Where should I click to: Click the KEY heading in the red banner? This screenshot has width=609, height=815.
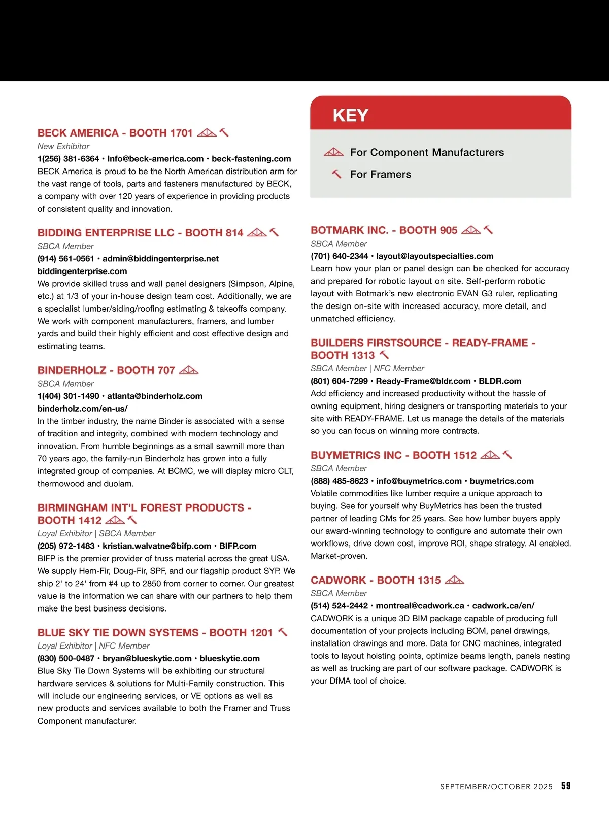pos(350,115)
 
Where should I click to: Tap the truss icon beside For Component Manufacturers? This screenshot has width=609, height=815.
pos(333,152)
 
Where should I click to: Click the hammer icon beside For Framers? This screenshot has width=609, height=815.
pos(336,174)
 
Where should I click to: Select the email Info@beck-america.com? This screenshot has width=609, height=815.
pos(155,159)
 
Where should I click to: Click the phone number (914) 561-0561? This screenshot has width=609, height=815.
pos(66,259)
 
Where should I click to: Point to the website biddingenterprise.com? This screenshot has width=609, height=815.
pos(82,271)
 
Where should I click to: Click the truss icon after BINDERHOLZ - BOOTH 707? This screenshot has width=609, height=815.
pos(189,370)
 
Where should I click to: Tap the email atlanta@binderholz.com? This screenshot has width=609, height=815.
pos(155,396)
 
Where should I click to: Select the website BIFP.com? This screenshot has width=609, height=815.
pos(238,546)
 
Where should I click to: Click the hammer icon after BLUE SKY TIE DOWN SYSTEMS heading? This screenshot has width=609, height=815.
pos(283,632)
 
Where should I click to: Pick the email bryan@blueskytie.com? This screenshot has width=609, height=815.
pos(147,658)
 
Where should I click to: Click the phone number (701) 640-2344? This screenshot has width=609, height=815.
pos(340,256)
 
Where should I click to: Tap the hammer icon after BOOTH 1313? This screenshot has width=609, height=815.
pos(384,355)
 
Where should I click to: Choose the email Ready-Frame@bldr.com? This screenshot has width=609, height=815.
pos(423,381)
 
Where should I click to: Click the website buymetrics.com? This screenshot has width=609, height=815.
pos(501,481)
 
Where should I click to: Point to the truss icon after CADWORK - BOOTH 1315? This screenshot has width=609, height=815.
pos(454,580)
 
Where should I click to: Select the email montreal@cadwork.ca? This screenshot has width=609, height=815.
pos(420,606)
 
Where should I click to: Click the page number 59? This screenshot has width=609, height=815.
pos(566,786)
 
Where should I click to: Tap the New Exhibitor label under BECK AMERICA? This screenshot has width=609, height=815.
pos(63,146)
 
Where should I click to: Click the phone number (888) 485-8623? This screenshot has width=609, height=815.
pos(340,481)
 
